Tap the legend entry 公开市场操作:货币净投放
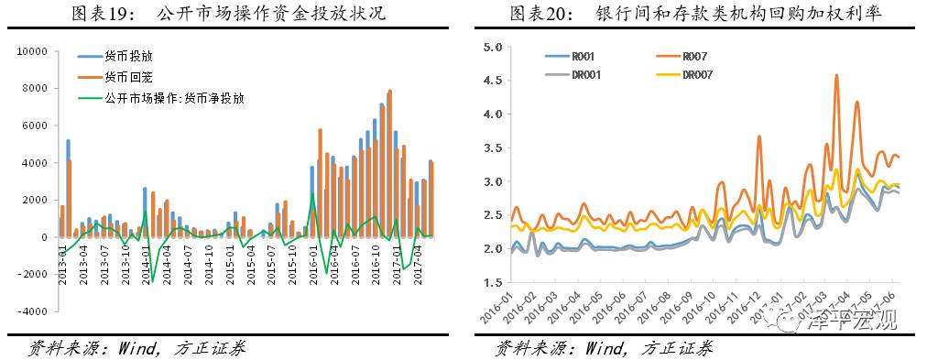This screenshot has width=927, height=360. (174, 96)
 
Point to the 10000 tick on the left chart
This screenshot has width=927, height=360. (33, 51)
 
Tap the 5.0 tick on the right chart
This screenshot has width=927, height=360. (490, 47)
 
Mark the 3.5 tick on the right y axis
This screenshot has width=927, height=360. (490, 147)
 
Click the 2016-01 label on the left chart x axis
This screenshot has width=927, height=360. (311, 266)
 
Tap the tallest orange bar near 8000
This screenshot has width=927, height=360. (390, 92)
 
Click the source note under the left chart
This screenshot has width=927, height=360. (137, 348)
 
